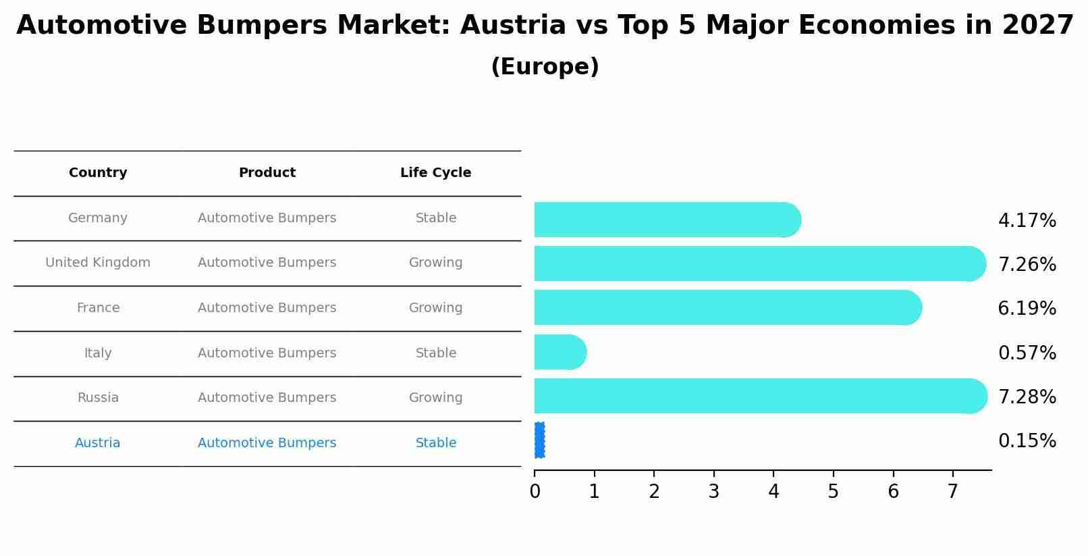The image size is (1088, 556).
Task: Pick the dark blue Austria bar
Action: click(x=539, y=440)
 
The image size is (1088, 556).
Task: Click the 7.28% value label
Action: click(x=1027, y=397)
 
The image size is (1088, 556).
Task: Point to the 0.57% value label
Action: click(x=1027, y=353)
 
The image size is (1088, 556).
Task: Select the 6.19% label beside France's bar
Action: click(x=1027, y=309)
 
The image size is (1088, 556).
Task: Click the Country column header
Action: click(x=98, y=173)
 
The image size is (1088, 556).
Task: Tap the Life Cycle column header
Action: click(x=435, y=173)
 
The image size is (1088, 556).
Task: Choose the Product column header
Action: click(x=267, y=173)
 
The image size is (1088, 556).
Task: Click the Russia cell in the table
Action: click(x=98, y=398)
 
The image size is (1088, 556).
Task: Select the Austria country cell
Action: click(x=98, y=443)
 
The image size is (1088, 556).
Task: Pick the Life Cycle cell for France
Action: click(x=435, y=308)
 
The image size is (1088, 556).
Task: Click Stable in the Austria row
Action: click(x=435, y=443)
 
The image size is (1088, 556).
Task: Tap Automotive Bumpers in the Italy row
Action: click(x=267, y=353)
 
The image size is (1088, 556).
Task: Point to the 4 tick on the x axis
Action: click(x=773, y=491)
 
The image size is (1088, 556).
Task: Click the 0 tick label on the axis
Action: click(x=535, y=491)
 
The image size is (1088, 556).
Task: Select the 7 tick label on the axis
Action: click(x=952, y=491)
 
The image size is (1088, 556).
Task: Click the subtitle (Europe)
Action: click(x=545, y=67)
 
